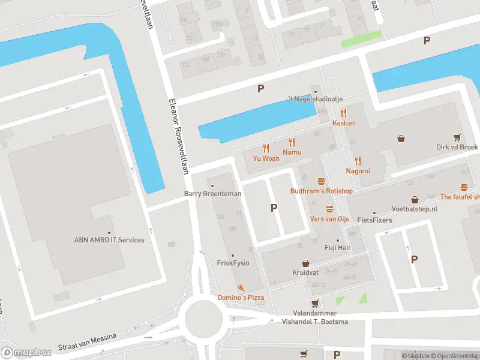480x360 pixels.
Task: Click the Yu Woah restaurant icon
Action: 266,148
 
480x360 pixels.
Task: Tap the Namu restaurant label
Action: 292,153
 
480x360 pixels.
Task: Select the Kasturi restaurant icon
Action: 344,112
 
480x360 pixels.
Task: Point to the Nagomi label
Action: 358,171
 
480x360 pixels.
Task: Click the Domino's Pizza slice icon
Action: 241,288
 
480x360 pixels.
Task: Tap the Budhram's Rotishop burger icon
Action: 321,181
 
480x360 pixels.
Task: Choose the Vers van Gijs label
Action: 329,219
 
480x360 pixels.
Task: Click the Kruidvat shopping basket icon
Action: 305,263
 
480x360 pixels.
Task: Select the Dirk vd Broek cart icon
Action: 458,137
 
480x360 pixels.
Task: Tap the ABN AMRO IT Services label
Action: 109,240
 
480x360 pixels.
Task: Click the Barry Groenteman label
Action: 212,194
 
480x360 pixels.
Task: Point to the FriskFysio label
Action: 233,263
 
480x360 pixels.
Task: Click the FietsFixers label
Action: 374,220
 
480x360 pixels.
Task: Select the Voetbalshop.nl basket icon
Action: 415,199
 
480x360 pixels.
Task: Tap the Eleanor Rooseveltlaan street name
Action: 179,135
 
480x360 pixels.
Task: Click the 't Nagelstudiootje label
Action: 314,99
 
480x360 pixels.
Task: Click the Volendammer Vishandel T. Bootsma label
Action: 314,317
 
